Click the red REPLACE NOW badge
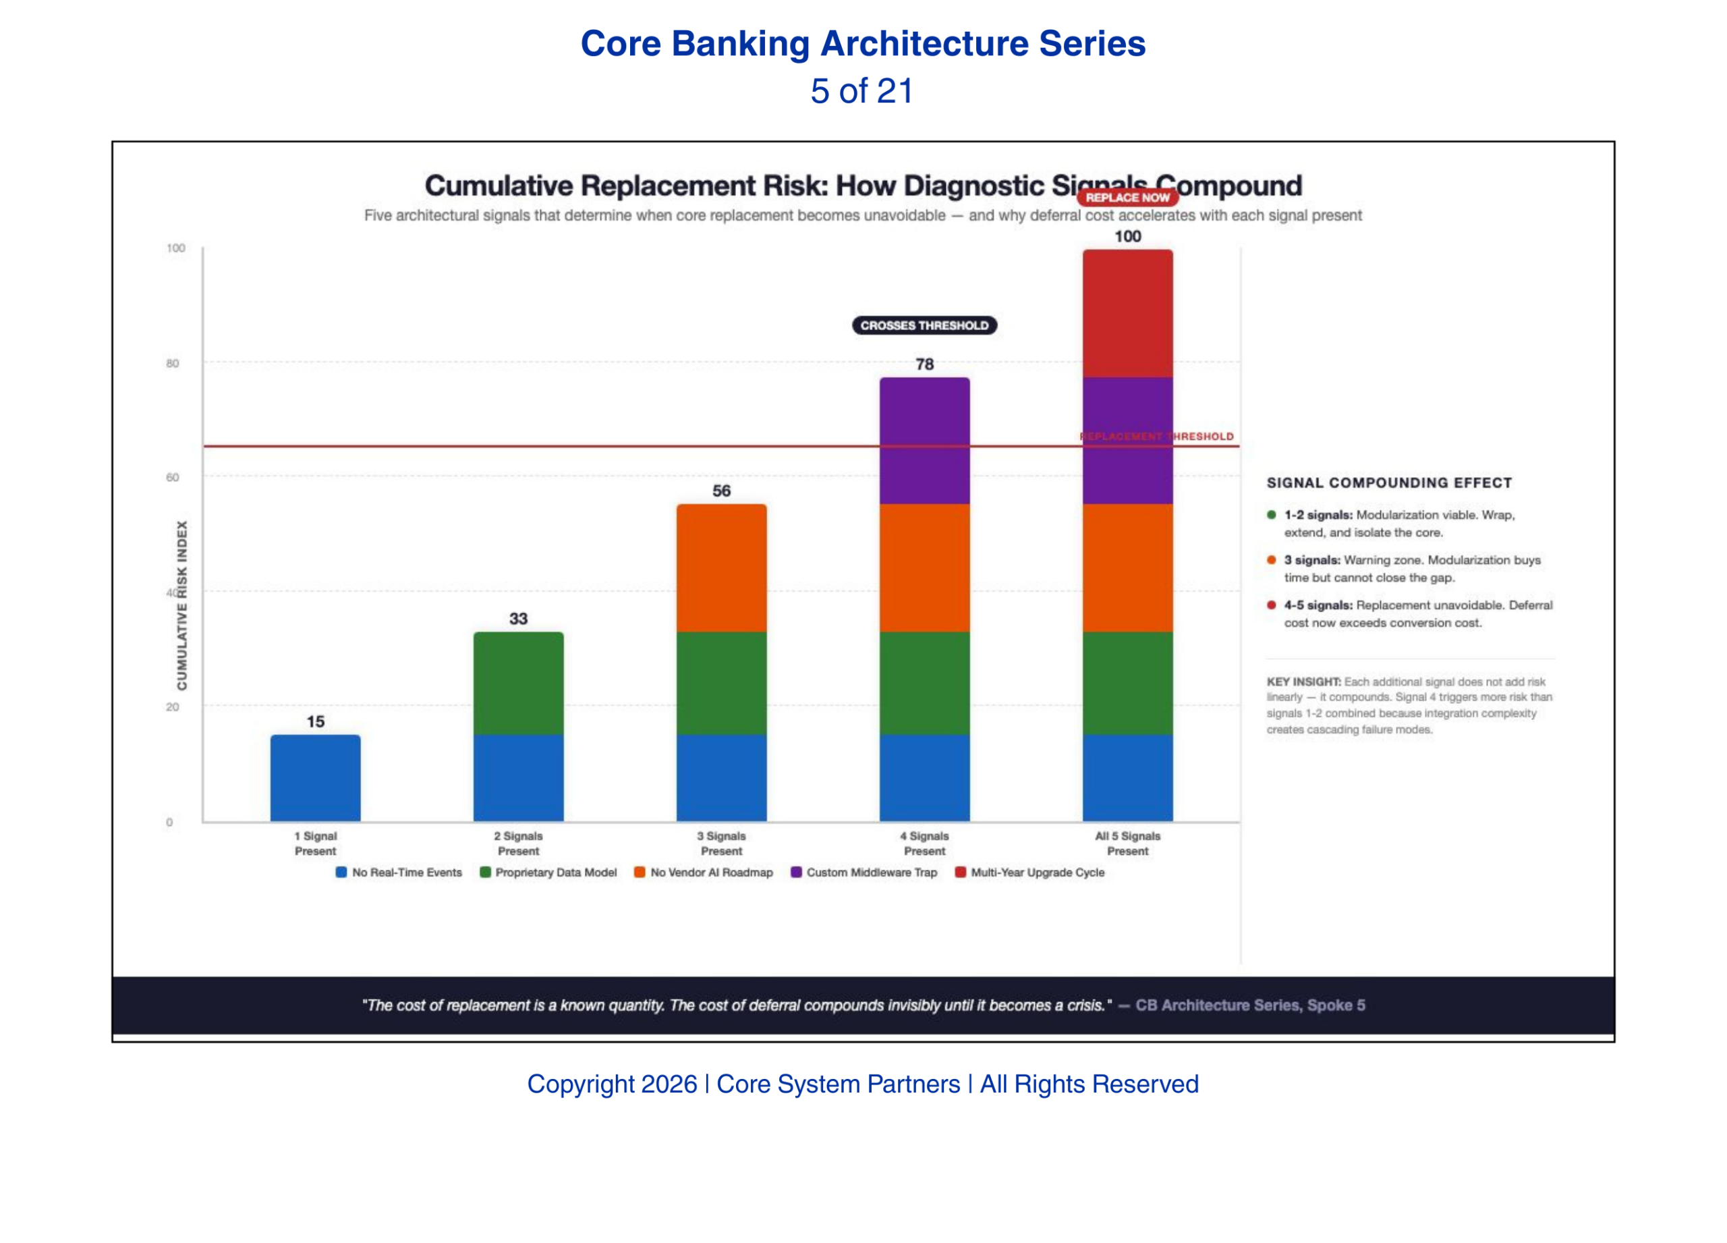(1127, 197)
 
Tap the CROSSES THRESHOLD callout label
(924, 325)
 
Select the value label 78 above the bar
(924, 364)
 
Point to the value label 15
(315, 721)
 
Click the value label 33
(519, 618)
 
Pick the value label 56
(721, 491)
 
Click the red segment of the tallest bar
(1128, 313)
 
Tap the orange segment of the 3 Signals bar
(721, 568)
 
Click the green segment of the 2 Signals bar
(519, 683)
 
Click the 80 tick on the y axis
(173, 363)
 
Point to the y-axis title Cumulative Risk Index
(182, 605)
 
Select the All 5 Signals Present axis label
(1128, 843)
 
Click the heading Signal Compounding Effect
(1389, 483)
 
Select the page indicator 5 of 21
(862, 90)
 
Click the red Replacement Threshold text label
(1157, 437)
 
